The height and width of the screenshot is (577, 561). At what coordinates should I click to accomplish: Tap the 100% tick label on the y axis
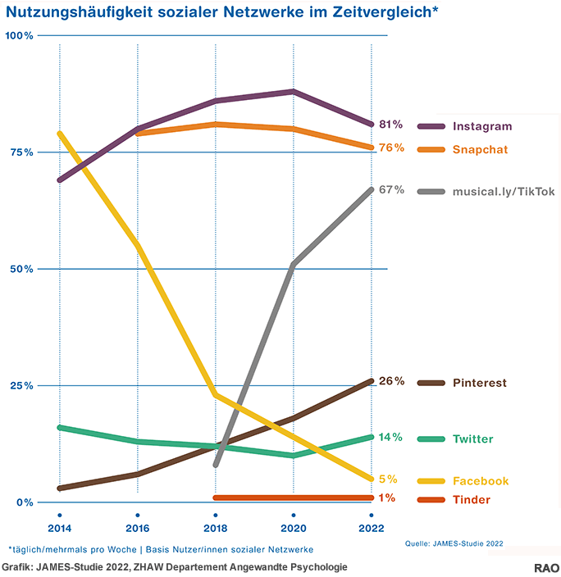pyautogui.click(x=19, y=36)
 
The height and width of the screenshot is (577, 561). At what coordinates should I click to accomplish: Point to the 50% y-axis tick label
pyautogui.click(x=21, y=269)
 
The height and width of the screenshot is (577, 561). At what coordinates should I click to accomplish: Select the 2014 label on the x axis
pyautogui.click(x=60, y=526)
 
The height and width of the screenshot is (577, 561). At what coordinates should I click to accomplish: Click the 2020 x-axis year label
pyautogui.click(x=293, y=526)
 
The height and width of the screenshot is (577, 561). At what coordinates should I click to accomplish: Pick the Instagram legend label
pyautogui.click(x=481, y=126)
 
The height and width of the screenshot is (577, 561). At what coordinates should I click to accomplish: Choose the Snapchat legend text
pyautogui.click(x=480, y=149)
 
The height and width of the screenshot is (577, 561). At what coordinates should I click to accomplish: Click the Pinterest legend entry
pyautogui.click(x=479, y=383)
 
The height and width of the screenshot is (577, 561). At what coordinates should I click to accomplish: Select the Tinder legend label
pyautogui.click(x=472, y=500)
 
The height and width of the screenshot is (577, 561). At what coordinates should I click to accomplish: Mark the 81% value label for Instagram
pyautogui.click(x=391, y=124)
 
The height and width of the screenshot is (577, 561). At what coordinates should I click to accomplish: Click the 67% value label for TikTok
pyautogui.click(x=391, y=189)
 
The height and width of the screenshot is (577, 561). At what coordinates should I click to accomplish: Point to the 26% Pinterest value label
pyautogui.click(x=391, y=381)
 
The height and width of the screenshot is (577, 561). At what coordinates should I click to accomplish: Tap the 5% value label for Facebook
pyautogui.click(x=388, y=479)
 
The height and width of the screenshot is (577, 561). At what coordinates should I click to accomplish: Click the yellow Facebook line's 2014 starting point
pyautogui.click(x=60, y=133)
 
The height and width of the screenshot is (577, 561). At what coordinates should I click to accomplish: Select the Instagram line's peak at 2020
pyautogui.click(x=293, y=91)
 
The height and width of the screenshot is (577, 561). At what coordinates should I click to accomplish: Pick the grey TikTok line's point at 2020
pyautogui.click(x=293, y=264)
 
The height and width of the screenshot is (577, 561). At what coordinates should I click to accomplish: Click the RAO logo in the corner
pyautogui.click(x=546, y=567)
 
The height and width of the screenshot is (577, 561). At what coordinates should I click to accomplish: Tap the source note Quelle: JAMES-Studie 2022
pyautogui.click(x=454, y=543)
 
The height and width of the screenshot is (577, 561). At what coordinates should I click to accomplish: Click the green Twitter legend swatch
pyautogui.click(x=431, y=439)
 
